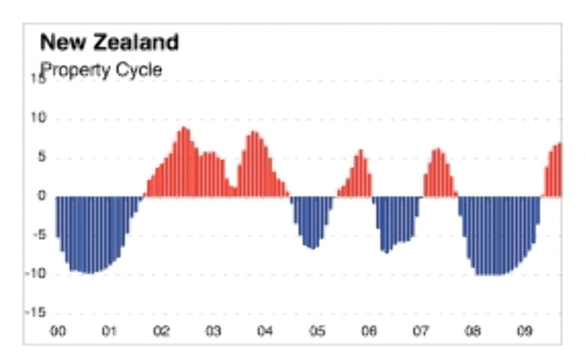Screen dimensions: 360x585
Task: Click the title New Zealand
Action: tap(109, 42)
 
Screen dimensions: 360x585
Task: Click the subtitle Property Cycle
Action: tap(101, 70)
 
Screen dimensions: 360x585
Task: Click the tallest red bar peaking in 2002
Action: tap(184, 161)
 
